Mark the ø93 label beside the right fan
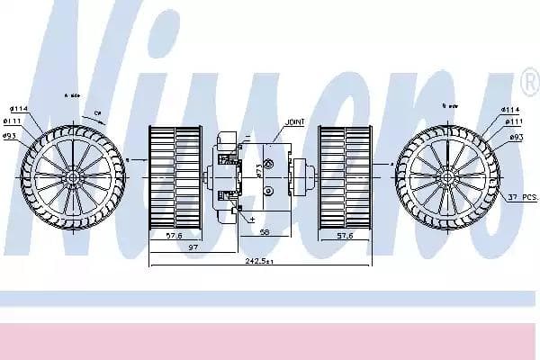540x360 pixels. click(x=517, y=137)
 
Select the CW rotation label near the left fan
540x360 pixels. click(x=98, y=113)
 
